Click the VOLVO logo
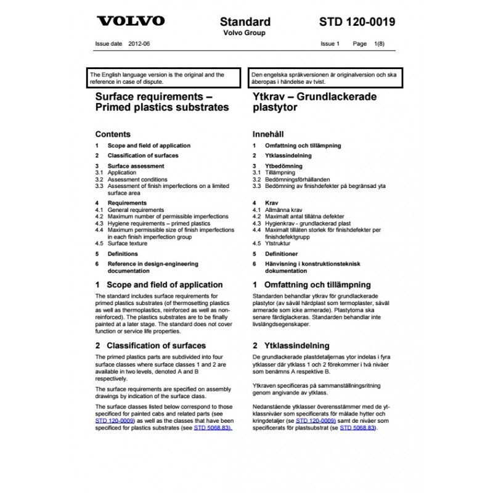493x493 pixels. (x=131, y=22)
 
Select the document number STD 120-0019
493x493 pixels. (x=357, y=22)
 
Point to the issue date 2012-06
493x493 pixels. (x=139, y=44)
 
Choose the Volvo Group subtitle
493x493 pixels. (x=244, y=33)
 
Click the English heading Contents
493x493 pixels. (x=113, y=134)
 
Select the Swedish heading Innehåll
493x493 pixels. (x=269, y=134)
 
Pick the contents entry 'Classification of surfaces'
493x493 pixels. (x=143, y=155)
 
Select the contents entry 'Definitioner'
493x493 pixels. (x=281, y=253)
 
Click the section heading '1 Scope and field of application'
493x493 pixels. (x=159, y=285)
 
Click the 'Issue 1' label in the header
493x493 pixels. (x=330, y=44)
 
